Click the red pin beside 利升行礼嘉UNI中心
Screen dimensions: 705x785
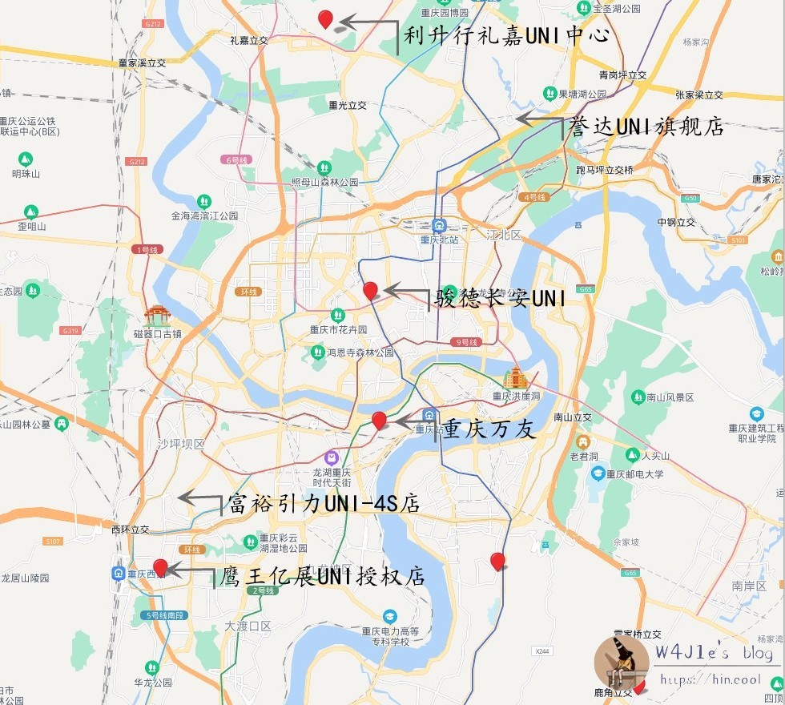325,19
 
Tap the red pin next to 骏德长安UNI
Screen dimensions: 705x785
370,291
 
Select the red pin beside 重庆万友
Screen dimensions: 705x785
380,420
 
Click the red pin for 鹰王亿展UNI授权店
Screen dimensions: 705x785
160,567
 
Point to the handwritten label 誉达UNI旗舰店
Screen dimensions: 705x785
646,126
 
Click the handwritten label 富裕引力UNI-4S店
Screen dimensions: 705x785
324,503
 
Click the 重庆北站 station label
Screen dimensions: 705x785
439,239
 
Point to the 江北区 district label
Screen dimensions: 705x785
504,235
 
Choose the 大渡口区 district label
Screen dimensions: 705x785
248,625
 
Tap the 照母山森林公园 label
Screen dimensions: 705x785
324,182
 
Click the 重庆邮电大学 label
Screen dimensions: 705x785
634,473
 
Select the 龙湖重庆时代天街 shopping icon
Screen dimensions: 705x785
332,457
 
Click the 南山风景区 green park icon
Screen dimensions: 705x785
638,397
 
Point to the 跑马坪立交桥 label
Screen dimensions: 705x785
605,170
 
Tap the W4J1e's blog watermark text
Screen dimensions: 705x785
714,654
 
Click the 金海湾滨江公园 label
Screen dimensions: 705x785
204,216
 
